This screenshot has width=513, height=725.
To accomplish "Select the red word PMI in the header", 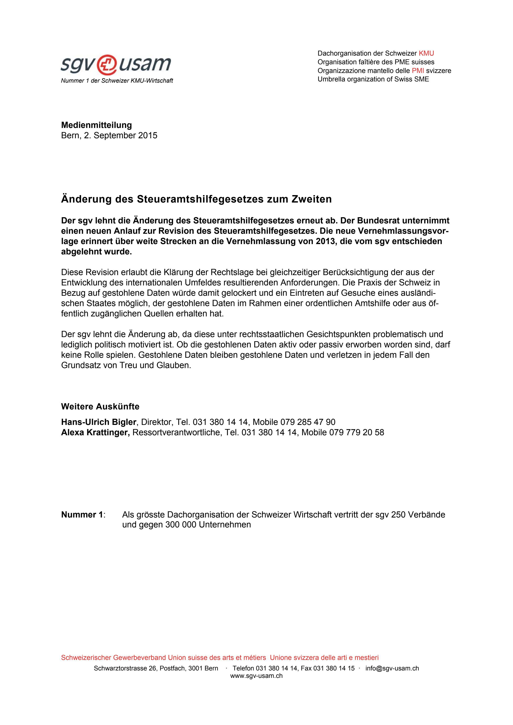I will pos(418,70).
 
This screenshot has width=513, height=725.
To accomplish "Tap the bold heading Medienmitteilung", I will pos(96,125).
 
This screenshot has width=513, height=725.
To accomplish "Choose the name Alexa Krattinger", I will pos(95,432).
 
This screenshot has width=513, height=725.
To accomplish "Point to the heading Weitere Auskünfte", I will pos(100,406).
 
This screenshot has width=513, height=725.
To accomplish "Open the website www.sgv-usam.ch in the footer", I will pos(256,676).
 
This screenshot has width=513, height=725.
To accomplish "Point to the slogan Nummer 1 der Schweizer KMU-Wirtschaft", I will pos(117,81).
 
